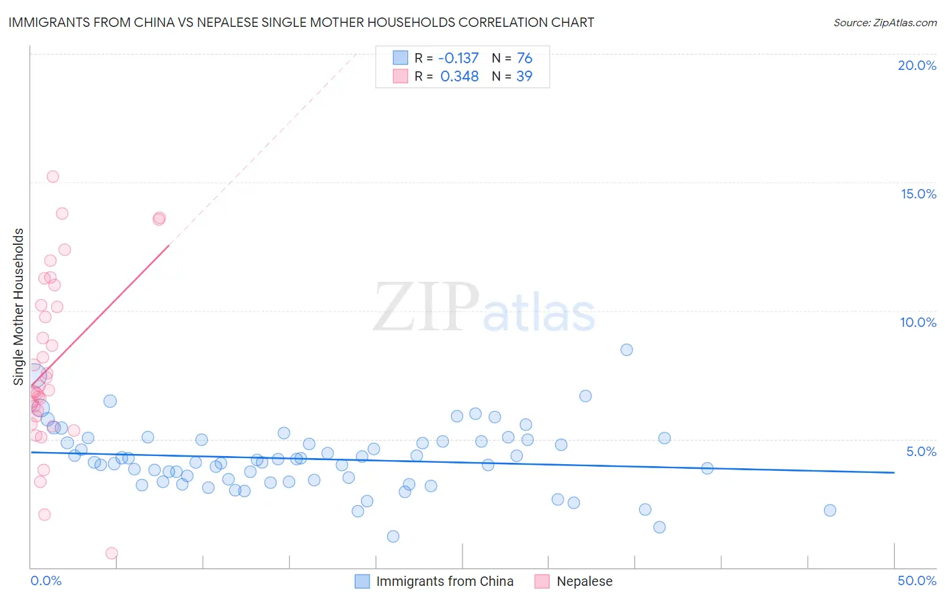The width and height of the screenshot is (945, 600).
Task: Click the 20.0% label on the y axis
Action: coord(917,65)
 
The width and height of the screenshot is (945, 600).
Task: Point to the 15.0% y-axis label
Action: coord(918,194)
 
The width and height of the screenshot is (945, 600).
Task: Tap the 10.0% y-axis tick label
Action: coord(918,322)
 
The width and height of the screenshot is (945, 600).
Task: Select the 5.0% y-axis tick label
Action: coord(921,451)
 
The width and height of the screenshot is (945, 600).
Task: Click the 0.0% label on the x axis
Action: coord(46,580)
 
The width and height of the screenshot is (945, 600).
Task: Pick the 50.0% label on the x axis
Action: coord(917,580)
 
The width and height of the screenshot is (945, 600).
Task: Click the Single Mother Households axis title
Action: coord(19,307)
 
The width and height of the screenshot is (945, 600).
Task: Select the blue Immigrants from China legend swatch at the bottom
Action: coord(362,581)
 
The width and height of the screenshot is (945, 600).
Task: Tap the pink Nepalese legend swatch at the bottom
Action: coord(542,581)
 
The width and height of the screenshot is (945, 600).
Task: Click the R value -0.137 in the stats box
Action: coord(458,59)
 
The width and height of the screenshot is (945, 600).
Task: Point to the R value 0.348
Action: coord(460,77)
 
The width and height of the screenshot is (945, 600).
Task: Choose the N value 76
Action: coord(524,59)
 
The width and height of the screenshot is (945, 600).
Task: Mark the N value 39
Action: coord(524,77)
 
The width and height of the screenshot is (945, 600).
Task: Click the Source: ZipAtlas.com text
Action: coord(885,23)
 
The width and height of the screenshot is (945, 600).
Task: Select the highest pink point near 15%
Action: coord(52,177)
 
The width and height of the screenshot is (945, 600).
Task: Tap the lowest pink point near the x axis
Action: coord(112,553)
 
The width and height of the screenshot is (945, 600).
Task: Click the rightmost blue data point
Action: coord(830,511)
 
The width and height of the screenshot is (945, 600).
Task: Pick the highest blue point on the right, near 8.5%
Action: coord(626,350)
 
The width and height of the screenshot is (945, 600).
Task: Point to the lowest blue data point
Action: coord(393,536)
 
